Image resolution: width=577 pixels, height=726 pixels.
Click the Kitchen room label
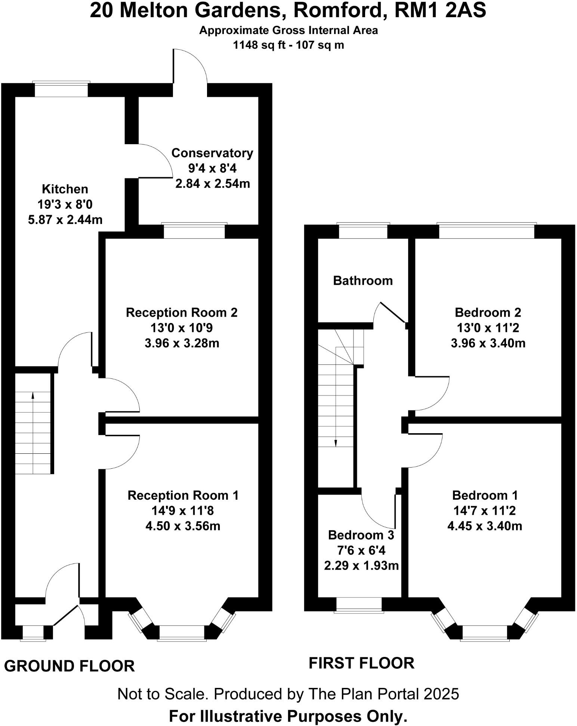coord(65,189)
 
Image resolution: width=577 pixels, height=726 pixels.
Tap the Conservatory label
coord(212,153)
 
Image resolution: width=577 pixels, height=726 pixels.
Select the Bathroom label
coord(363,280)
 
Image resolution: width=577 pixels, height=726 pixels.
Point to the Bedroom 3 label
coord(361,535)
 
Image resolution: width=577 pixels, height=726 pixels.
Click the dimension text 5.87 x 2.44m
coord(65,220)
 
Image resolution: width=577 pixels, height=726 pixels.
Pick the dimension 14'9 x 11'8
coord(183,511)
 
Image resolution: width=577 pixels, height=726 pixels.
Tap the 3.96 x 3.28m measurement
coord(182,343)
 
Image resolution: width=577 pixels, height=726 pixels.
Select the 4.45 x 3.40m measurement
coord(485,526)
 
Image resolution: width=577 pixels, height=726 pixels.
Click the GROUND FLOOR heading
coord(69,666)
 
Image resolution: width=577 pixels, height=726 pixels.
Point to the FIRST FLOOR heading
coord(361,663)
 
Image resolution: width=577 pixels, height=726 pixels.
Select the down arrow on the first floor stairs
coord(336,443)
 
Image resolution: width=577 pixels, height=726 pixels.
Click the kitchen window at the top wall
coord(61,89)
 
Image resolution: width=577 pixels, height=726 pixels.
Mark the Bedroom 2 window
coord(487,231)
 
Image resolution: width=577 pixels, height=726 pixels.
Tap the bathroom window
coord(363,231)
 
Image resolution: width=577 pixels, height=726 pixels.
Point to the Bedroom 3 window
coord(359,605)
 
